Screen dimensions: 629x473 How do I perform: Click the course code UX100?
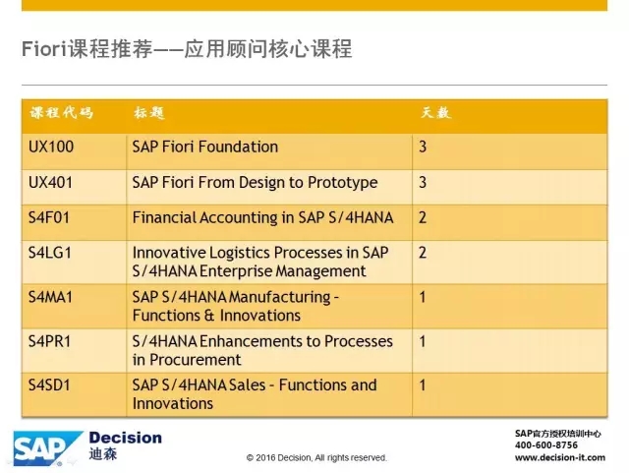click(51, 147)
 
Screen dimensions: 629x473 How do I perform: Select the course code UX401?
click(50, 183)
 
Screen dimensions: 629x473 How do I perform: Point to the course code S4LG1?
click(50, 253)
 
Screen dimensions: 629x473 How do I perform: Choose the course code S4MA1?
click(50, 297)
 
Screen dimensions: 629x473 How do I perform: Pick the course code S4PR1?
click(49, 341)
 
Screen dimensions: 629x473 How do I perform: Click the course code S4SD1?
click(49, 385)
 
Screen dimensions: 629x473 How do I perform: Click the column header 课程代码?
click(61, 113)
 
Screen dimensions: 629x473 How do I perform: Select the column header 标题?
click(149, 113)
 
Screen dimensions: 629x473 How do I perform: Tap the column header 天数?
click(435, 113)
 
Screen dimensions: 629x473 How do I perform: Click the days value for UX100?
click(423, 147)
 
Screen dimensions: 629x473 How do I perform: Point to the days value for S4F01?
click(423, 217)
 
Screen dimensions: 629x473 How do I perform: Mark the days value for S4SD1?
click(423, 385)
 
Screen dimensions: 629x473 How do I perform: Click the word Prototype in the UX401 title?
click(343, 183)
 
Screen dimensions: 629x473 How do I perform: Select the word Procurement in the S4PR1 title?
click(196, 360)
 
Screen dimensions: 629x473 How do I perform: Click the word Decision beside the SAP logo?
click(126, 438)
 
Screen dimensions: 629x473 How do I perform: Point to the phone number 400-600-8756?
click(546, 445)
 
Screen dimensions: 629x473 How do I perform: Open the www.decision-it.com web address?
click(560, 457)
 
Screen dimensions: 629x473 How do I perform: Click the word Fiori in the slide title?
click(43, 49)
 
